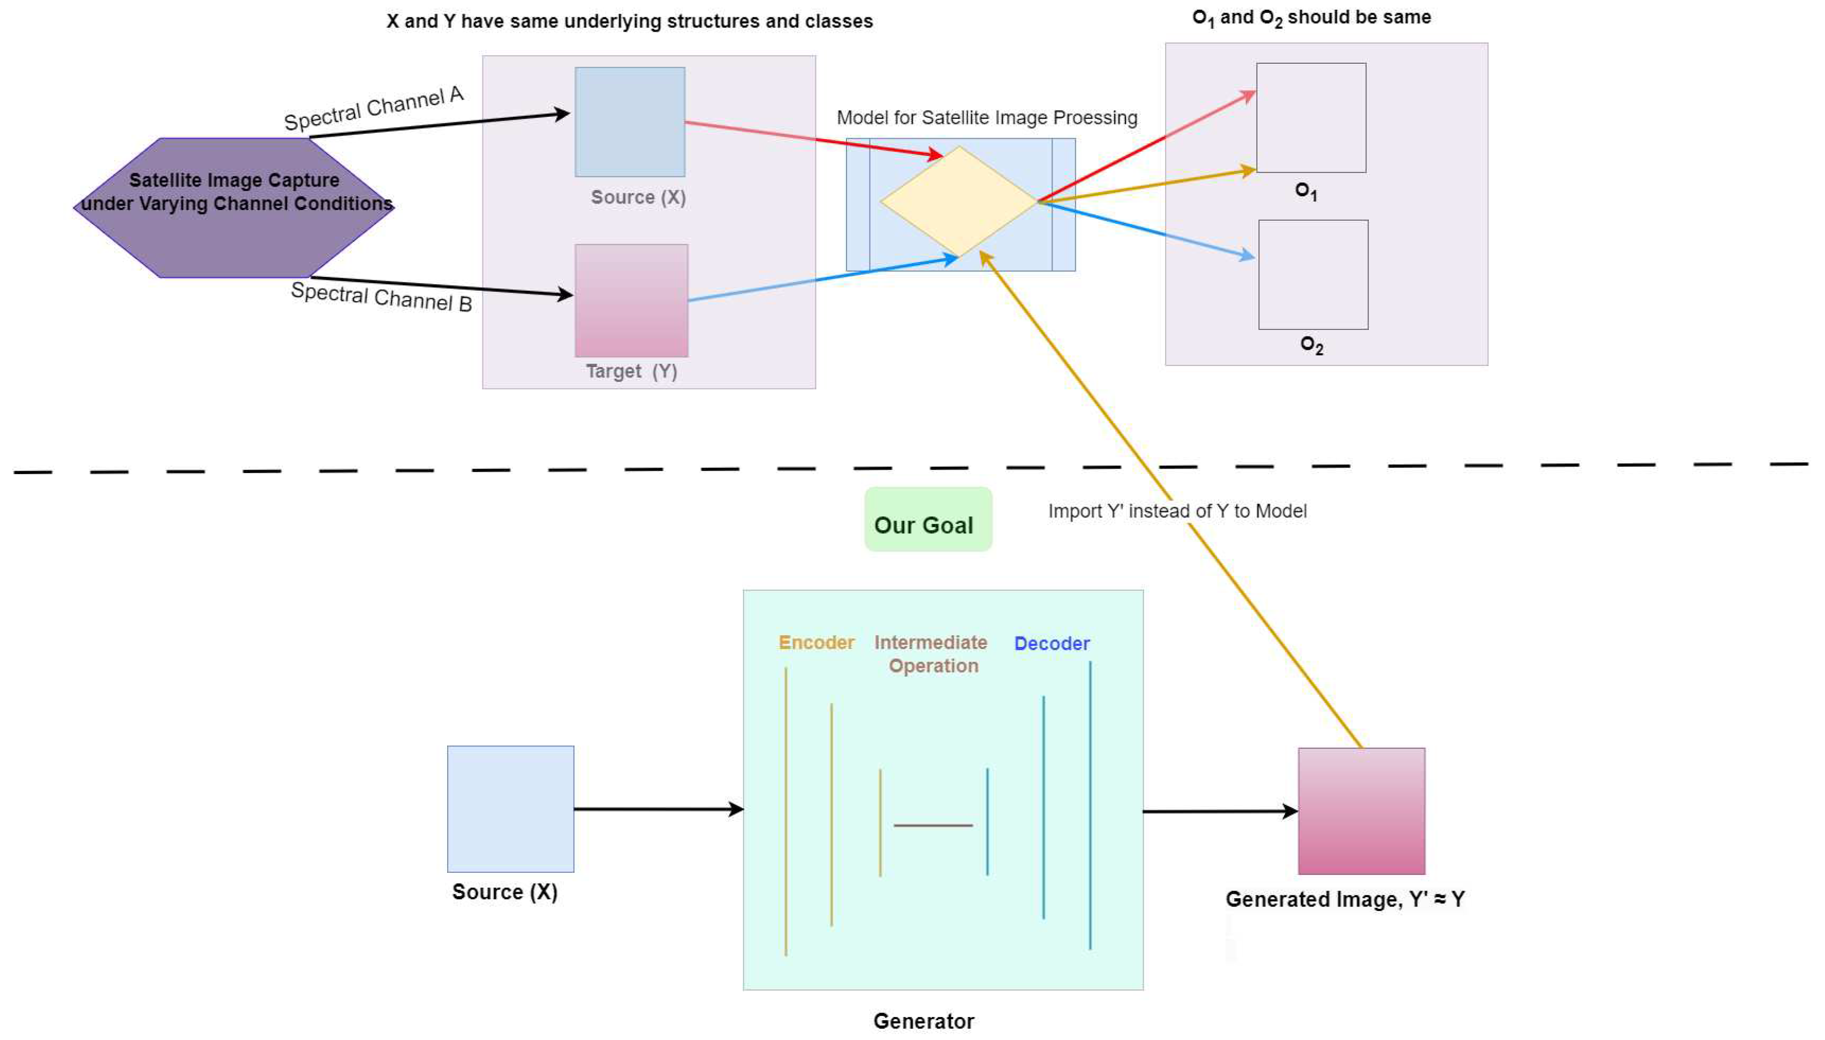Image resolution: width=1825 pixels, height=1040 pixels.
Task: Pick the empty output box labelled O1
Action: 1310,118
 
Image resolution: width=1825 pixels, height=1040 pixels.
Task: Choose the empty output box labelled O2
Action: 1313,275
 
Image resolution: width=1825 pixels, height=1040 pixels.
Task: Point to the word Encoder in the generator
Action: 816,643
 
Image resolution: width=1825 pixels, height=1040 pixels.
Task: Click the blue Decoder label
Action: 1051,643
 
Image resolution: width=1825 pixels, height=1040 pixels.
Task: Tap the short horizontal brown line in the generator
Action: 933,826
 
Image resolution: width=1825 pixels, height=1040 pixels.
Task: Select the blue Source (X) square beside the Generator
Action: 510,809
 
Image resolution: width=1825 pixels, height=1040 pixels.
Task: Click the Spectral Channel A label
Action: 374,109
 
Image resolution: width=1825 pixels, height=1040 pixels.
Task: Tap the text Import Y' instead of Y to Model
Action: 1176,511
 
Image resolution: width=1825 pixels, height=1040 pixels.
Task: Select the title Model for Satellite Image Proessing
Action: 986,118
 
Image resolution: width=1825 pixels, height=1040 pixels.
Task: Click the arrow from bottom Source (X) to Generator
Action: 657,809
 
